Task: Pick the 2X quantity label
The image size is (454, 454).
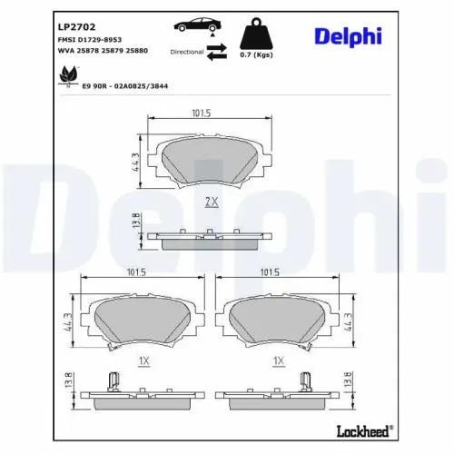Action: click(212, 202)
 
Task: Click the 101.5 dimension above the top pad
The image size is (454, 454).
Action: click(201, 113)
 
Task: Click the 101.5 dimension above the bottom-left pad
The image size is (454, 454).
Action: click(136, 272)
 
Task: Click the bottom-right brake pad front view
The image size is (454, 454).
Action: click(280, 322)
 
